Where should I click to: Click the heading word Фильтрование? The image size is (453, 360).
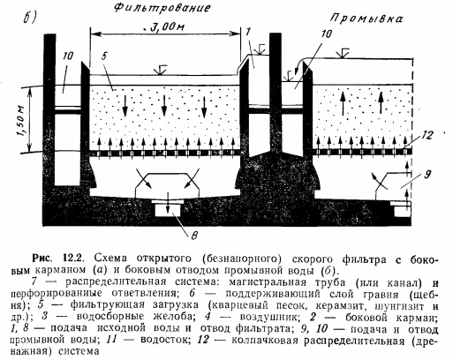click(162, 8)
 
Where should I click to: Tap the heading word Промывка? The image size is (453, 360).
click(366, 19)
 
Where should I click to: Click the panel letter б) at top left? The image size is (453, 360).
click(29, 19)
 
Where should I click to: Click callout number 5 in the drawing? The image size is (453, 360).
click(104, 56)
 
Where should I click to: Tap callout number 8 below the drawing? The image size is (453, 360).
click(194, 236)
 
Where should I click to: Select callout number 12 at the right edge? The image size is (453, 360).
click(427, 135)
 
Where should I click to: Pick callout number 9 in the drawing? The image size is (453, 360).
click(427, 175)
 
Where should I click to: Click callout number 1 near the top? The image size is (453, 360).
click(248, 32)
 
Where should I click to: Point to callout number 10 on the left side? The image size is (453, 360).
click(68, 56)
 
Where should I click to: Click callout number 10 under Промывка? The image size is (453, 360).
click(326, 34)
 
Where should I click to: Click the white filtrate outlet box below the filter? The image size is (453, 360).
click(168, 210)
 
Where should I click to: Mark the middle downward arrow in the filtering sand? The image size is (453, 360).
click(164, 107)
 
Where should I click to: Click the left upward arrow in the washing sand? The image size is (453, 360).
click(344, 103)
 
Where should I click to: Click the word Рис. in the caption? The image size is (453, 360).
click(42, 258)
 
